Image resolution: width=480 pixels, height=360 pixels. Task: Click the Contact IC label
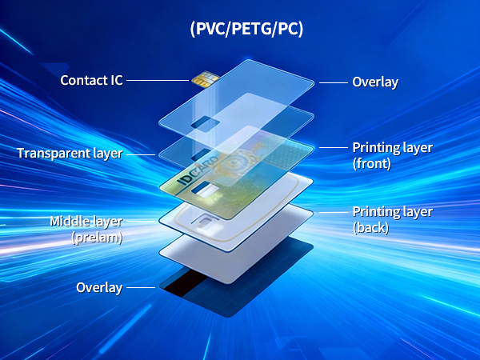pos(91,81)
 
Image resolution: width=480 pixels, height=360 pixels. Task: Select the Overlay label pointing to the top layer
pos(375,82)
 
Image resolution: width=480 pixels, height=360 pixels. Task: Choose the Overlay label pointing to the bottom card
pos(99,287)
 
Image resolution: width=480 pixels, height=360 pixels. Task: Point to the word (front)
pos(371,163)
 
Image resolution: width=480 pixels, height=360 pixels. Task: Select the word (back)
pos(370,227)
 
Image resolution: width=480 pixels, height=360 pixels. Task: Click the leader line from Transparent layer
pos(141,153)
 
